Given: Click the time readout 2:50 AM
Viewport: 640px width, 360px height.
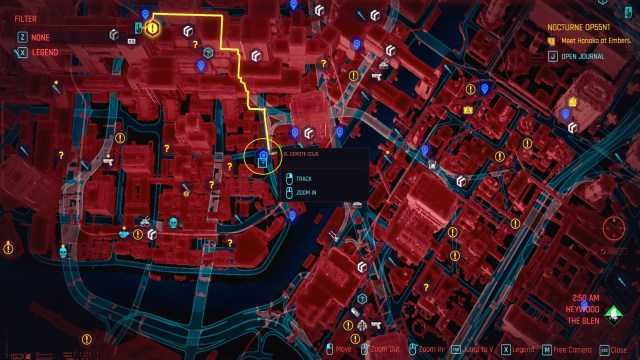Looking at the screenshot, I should (x=587, y=297).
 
